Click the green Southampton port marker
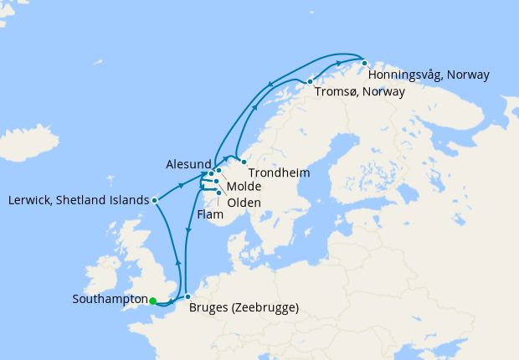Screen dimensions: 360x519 (x=152, y=301)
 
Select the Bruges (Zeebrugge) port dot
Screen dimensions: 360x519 (x=188, y=297)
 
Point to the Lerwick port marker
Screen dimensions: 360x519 (x=156, y=200)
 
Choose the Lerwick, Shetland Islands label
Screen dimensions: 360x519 (x=78, y=200)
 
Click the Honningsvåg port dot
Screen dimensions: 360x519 (x=364, y=63)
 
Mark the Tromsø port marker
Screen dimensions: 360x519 (x=311, y=81)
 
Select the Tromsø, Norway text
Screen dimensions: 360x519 (x=360, y=92)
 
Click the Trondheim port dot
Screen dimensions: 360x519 (x=244, y=162)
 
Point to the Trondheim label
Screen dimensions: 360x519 (x=280, y=173)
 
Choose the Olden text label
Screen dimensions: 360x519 (x=244, y=203)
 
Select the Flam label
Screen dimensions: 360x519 (x=210, y=214)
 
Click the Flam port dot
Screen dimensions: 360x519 (x=218, y=192)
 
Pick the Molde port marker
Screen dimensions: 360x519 (x=218, y=171)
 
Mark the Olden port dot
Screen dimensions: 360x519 (x=215, y=181)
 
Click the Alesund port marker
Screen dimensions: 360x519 (x=212, y=174)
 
